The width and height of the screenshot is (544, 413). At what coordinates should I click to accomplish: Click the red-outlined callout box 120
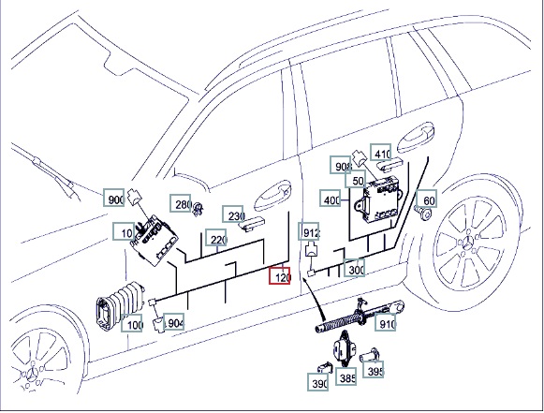pyautogui.click(x=280, y=275)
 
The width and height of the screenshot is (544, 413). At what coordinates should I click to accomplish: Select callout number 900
pyautogui.click(x=114, y=198)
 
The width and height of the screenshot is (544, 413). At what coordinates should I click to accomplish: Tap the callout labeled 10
pyautogui.click(x=124, y=231)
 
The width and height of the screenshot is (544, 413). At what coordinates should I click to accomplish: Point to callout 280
pyautogui.click(x=181, y=203)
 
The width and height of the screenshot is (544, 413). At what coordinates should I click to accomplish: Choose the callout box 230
pyautogui.click(x=233, y=214)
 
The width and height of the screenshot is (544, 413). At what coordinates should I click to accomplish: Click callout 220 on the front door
pyautogui.click(x=215, y=237)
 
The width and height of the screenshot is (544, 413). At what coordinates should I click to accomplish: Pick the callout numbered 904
pyautogui.click(x=173, y=322)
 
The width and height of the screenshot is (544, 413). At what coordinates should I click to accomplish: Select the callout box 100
pyautogui.click(x=132, y=323)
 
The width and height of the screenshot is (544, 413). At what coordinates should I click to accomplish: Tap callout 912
pyautogui.click(x=309, y=231)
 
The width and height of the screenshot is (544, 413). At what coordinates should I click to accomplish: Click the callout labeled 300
pyautogui.click(x=354, y=268)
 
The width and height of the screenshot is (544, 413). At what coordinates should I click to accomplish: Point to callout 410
pyautogui.click(x=381, y=152)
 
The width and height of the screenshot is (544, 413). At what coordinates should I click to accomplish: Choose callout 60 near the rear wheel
pyautogui.click(x=427, y=199)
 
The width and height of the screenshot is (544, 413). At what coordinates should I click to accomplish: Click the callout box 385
pyautogui.click(x=346, y=376)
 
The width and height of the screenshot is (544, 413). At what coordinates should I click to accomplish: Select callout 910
pyautogui.click(x=386, y=322)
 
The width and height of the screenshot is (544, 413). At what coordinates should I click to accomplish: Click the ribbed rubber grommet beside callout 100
pyautogui.click(x=119, y=304)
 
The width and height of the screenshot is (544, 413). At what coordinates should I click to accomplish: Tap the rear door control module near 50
pyautogui.click(x=378, y=199)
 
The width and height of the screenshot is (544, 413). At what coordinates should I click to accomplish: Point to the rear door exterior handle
pyautogui.click(x=416, y=137)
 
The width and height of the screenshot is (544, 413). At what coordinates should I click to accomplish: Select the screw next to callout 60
pyautogui.click(x=424, y=213)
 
